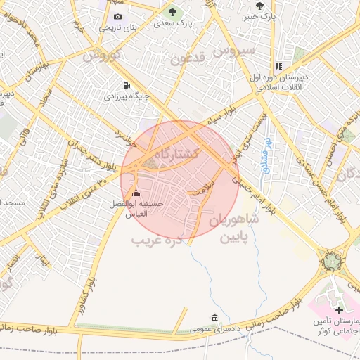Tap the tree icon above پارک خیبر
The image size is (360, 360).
(260, 6)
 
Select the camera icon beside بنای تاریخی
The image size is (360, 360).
(117, 16)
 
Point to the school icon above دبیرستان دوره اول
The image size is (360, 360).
(278, 66)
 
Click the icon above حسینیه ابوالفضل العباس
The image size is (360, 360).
(136, 193)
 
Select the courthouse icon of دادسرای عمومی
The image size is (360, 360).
(214, 318)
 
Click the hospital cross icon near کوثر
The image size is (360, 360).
(339, 309)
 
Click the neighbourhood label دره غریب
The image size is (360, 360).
(157, 240)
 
